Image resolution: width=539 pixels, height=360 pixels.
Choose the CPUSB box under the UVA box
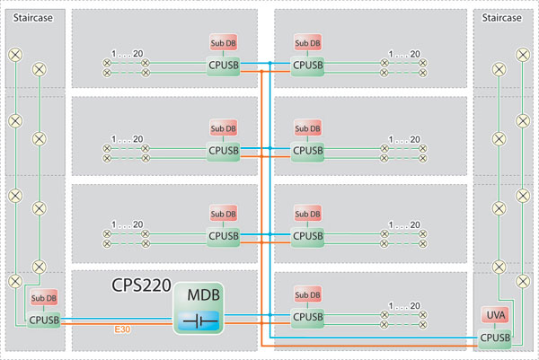pyautogui.click(x=495, y=338)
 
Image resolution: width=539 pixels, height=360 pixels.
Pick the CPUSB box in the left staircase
pyautogui.click(x=44, y=318)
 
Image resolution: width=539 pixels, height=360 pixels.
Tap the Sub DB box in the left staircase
pyautogui.click(x=44, y=299)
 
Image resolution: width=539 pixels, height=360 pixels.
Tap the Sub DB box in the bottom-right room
pyautogui.click(x=307, y=296)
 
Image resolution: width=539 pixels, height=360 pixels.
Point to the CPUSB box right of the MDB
pyautogui.click(x=307, y=317)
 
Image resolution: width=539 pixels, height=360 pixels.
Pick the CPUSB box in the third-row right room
pyautogui.click(x=307, y=235)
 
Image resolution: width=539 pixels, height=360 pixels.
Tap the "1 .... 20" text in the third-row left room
pyautogui.click(x=126, y=224)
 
